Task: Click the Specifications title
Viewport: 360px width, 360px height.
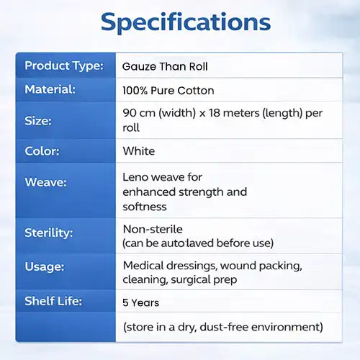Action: [x=186, y=23]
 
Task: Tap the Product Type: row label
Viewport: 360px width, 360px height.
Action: [x=64, y=66]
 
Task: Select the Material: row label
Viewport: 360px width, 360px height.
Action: [x=50, y=89]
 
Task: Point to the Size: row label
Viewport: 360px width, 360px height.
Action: [x=38, y=120]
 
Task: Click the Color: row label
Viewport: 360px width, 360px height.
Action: [x=42, y=151]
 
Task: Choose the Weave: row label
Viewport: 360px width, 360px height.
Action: [x=45, y=182]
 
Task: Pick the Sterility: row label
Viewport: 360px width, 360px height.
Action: [x=49, y=233]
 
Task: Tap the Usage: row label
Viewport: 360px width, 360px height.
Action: [x=45, y=266]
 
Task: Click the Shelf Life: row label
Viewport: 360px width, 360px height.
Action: [x=53, y=301]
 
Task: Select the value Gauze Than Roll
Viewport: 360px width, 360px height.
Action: [x=165, y=66]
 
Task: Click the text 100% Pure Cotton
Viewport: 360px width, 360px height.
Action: [x=168, y=91]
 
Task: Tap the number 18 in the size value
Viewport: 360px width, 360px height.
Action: [x=215, y=113]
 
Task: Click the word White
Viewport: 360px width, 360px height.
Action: [x=139, y=151]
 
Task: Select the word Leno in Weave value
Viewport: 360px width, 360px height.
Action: [x=135, y=177]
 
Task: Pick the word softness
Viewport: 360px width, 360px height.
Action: [x=145, y=207]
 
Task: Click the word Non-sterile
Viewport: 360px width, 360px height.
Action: [x=153, y=229]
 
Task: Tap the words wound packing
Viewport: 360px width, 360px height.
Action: [x=261, y=266]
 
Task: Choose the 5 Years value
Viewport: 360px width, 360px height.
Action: [x=140, y=302]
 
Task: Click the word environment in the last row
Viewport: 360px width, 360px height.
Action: [x=286, y=327]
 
